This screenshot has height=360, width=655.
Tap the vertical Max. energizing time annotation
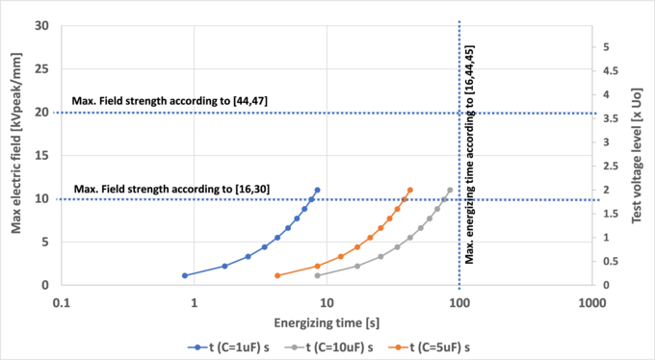(x=469, y=154)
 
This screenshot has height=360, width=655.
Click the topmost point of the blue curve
(x=317, y=190)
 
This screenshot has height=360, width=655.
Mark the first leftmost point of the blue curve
(x=185, y=275)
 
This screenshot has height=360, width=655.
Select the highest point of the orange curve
(x=410, y=190)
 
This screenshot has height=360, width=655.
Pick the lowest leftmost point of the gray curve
(x=318, y=275)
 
